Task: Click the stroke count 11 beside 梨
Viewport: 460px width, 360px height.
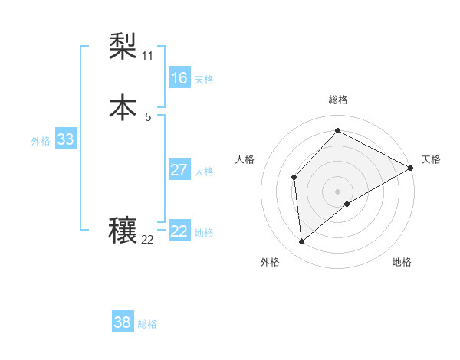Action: pos(147,56)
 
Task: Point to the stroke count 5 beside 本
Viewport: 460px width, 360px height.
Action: pos(147,116)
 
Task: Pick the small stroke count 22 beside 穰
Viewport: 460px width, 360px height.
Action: pos(147,240)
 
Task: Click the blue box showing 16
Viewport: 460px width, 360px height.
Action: pos(179,78)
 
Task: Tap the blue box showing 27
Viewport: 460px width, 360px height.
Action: pos(179,170)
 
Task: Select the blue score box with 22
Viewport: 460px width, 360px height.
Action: pos(179,231)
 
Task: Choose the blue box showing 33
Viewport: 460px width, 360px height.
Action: pos(65,139)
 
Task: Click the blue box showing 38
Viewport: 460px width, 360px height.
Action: pos(122,322)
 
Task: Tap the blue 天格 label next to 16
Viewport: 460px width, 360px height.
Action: pos(204,80)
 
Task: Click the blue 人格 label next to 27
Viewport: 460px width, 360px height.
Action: pos(204,172)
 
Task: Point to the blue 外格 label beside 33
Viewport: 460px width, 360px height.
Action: pos(41,141)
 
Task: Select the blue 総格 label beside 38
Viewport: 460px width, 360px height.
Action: pos(147,324)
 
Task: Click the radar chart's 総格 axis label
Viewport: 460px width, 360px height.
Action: pos(338,100)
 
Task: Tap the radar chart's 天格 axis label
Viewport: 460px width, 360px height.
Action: pos(431,159)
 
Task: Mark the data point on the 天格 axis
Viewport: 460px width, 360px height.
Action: pos(411,168)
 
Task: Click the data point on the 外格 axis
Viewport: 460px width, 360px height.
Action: pos(301,242)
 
